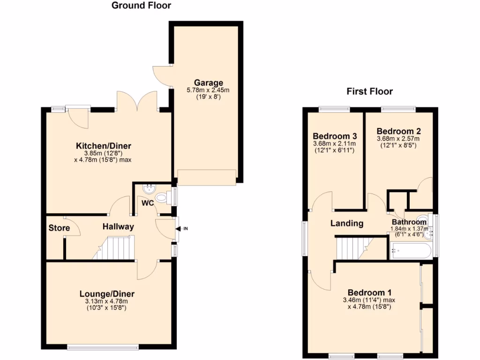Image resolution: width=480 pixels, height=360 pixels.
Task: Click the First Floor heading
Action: pyautogui.click(x=369, y=91)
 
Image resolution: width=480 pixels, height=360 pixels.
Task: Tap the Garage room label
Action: pyautogui.click(x=208, y=83)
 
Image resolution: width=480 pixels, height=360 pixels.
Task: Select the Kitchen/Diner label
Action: pyautogui.click(x=104, y=146)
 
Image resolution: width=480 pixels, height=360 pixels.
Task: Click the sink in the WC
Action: pyautogui.click(x=150, y=188)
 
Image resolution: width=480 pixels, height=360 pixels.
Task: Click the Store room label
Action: pyautogui.click(x=59, y=228)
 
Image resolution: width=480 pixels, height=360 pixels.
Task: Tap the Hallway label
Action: pyautogui.click(x=119, y=227)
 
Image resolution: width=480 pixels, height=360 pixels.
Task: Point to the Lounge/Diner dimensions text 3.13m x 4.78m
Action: pyautogui.click(x=107, y=301)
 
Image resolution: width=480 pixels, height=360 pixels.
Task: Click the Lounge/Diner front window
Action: pyautogui.click(x=103, y=347)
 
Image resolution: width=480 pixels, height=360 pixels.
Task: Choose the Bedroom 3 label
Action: pyautogui.click(x=334, y=136)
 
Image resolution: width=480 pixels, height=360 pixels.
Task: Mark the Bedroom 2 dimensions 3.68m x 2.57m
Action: pyautogui.click(x=398, y=139)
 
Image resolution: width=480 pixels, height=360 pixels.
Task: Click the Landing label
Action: pyautogui.click(x=347, y=224)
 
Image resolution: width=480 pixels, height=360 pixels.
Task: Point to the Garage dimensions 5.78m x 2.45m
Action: pyautogui.click(x=208, y=90)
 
